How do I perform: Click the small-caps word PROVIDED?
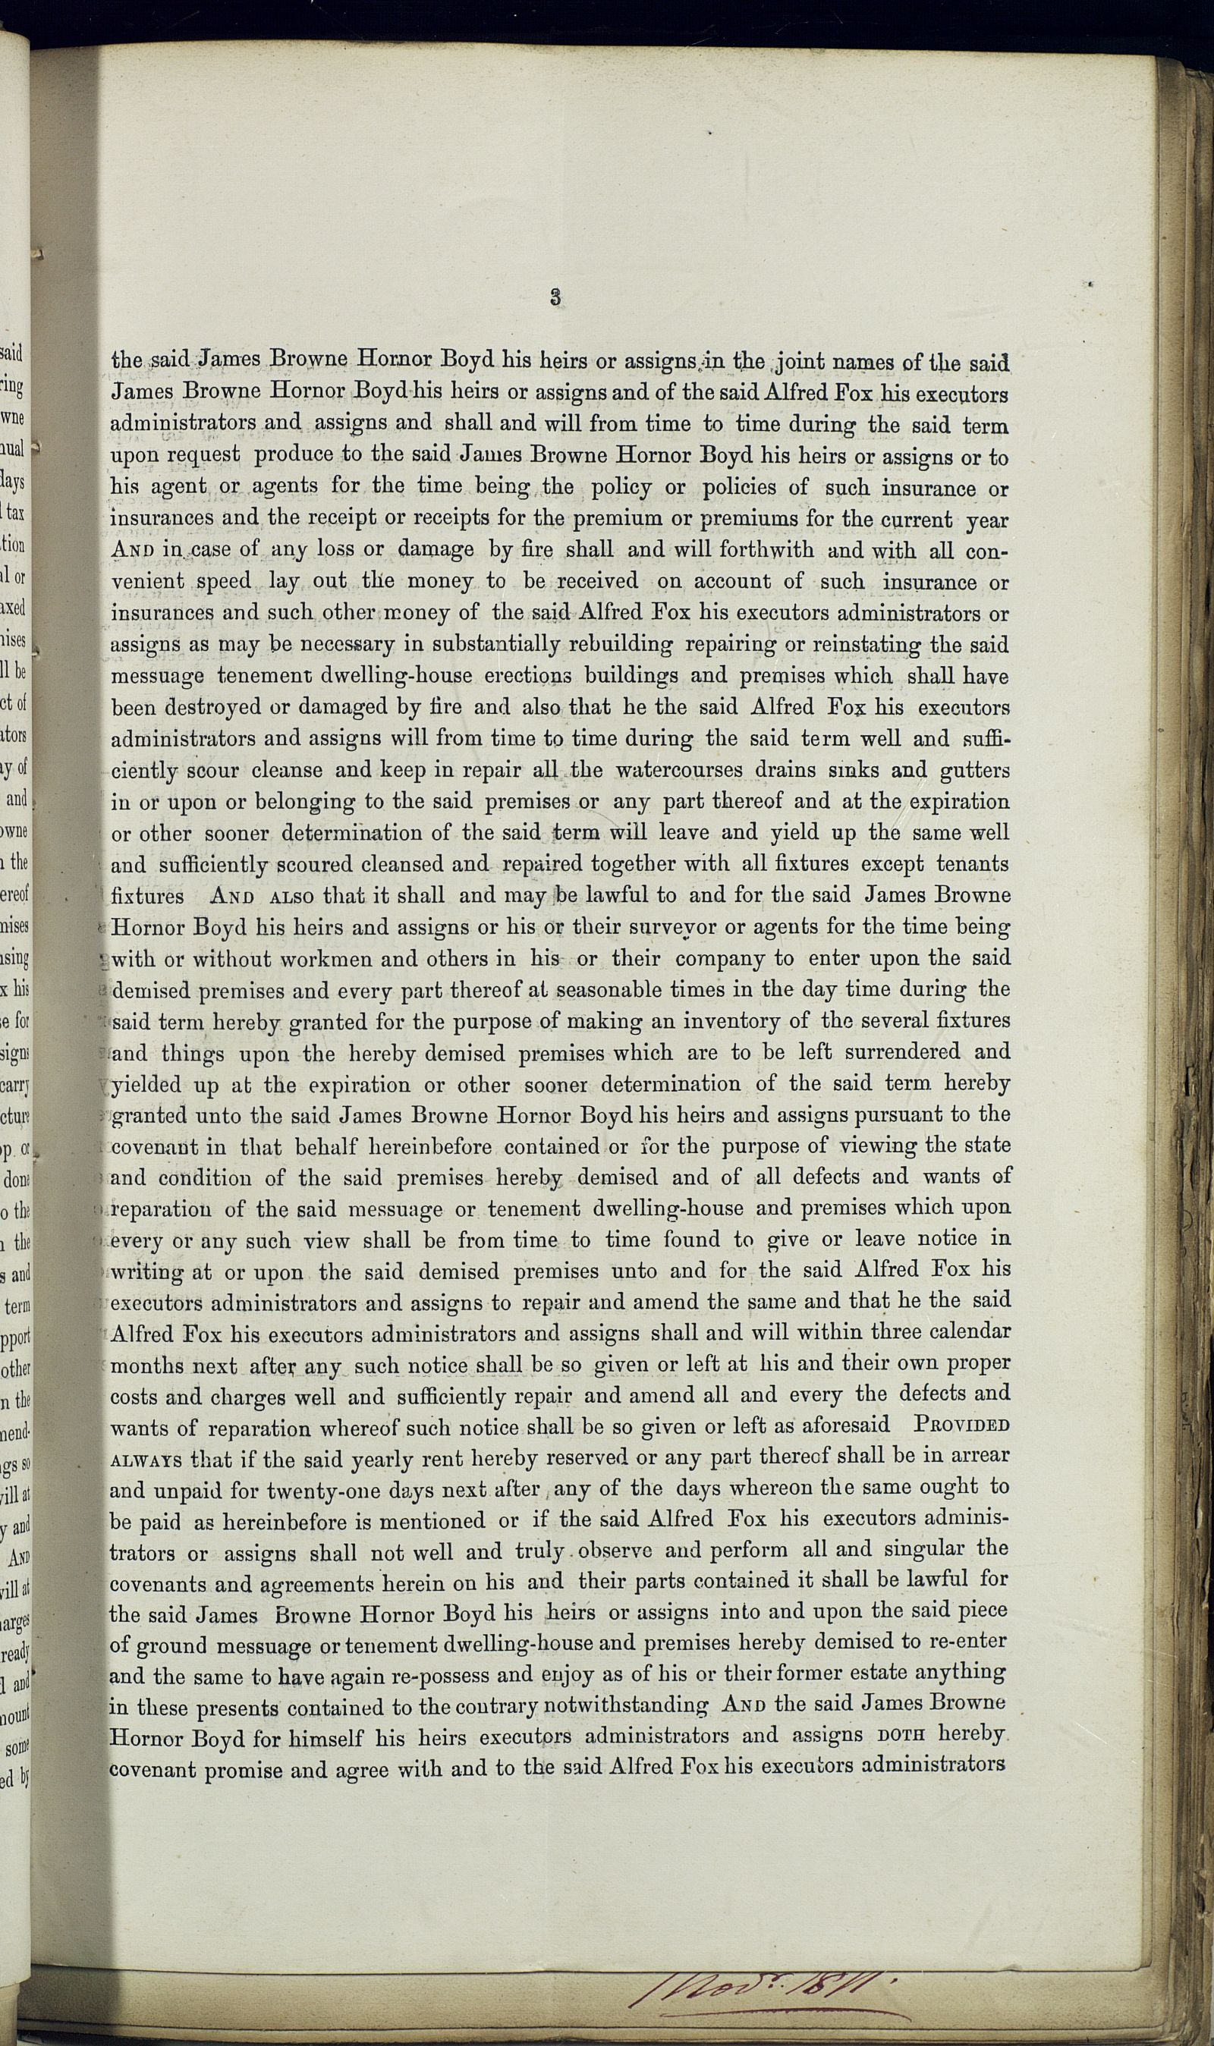point(962,1425)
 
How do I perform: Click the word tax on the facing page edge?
point(15,514)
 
